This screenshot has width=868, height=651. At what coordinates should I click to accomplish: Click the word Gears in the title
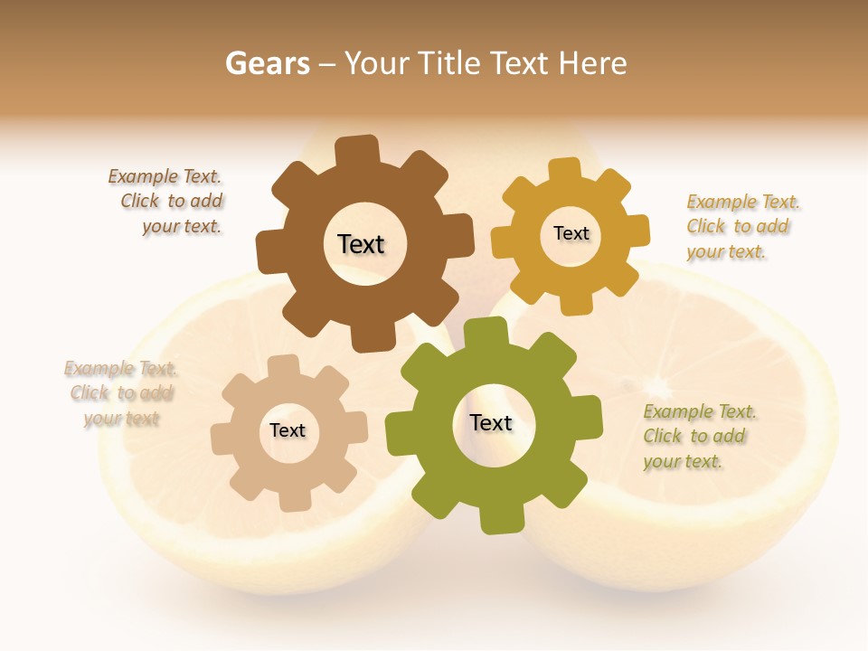[x=267, y=63]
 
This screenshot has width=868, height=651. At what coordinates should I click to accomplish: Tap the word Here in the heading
[x=592, y=63]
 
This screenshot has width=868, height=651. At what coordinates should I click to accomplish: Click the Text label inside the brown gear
[x=361, y=244]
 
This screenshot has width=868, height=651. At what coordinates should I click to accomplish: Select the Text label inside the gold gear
[x=571, y=233]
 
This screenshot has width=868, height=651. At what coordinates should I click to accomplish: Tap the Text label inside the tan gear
[x=288, y=430]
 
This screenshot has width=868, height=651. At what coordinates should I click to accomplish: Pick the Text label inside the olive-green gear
[x=491, y=422]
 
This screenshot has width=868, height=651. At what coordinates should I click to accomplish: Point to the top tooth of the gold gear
[x=565, y=169]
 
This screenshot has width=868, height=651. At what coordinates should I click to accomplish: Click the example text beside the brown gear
[x=166, y=202]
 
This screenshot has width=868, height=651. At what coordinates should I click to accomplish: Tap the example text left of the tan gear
[x=121, y=393]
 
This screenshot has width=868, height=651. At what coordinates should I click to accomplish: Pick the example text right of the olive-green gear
[x=696, y=437]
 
